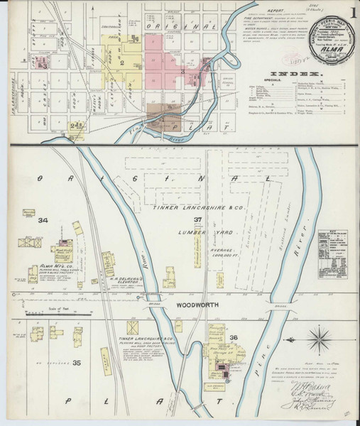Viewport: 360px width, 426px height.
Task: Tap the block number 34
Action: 43,222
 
